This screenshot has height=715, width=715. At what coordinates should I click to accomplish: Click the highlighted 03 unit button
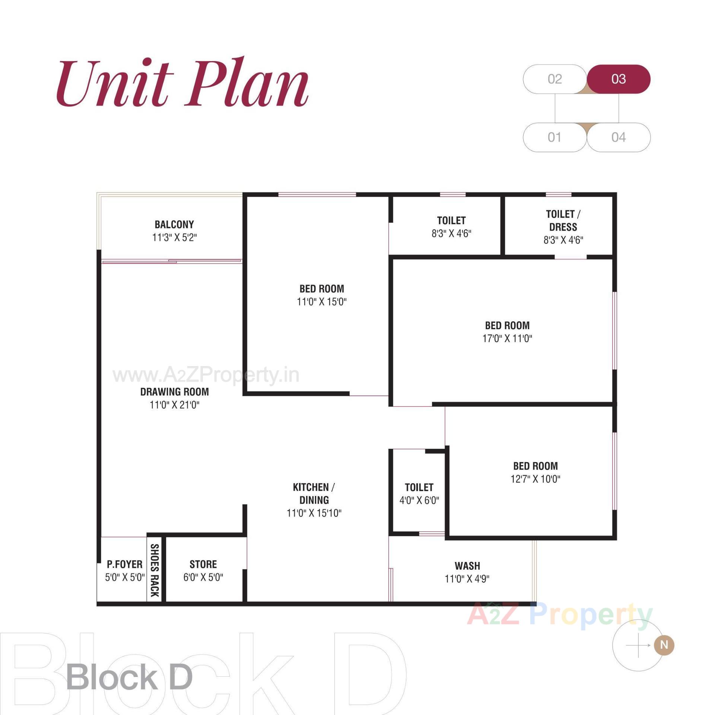click(x=618, y=79)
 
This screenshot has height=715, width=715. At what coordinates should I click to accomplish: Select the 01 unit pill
click(x=554, y=137)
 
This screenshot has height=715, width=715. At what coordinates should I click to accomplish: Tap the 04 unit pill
click(x=618, y=137)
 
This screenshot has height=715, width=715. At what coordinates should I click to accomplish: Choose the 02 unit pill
click(x=554, y=79)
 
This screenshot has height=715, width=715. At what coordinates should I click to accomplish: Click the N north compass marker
click(x=664, y=645)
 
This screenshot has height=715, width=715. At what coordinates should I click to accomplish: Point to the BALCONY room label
click(x=174, y=225)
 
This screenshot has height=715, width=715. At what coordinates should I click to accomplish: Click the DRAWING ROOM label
click(x=174, y=392)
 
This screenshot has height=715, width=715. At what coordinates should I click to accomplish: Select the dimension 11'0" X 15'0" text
click(x=321, y=302)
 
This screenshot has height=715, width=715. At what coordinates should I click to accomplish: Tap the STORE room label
click(x=203, y=564)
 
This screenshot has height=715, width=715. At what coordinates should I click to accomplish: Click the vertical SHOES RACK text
click(x=155, y=570)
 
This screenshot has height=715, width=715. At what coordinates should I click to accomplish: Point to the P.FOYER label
click(x=124, y=564)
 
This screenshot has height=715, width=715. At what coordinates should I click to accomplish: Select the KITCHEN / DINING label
click(x=314, y=493)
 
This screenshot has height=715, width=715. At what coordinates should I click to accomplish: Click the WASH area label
click(x=467, y=566)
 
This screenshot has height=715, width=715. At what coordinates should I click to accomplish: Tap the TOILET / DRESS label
click(x=563, y=220)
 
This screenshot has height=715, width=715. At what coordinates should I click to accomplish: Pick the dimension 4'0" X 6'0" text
click(x=419, y=500)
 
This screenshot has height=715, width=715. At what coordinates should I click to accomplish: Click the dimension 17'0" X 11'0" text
click(x=507, y=338)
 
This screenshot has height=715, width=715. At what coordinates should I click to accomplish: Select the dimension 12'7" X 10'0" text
click(x=535, y=479)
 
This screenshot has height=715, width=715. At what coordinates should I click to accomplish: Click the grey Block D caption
click(x=129, y=677)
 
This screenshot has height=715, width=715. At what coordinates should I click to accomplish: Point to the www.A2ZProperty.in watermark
click(x=206, y=375)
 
